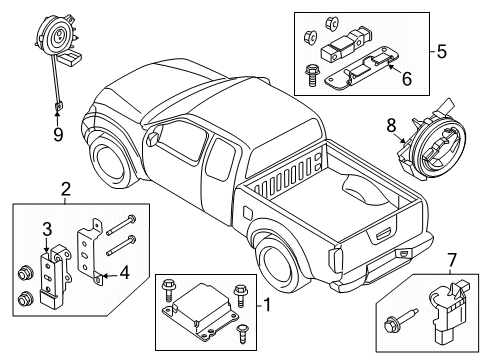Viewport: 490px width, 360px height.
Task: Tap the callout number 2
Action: point(65,187)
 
